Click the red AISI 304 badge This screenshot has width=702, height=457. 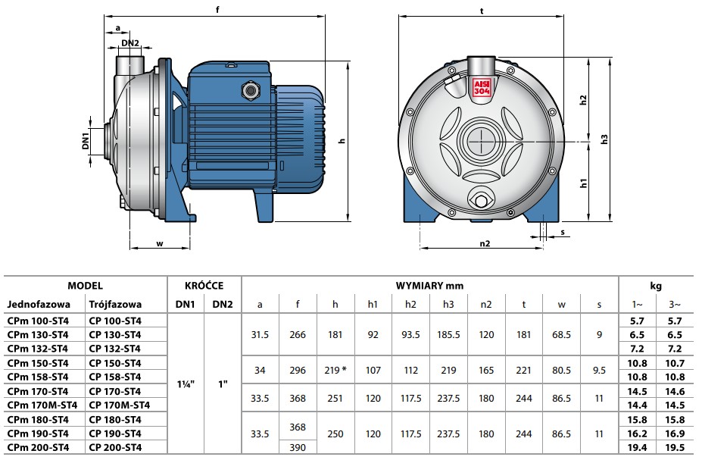[482, 86]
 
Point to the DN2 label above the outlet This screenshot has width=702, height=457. [130, 43]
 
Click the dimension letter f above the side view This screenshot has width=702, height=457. [218, 10]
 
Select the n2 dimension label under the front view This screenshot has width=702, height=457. [485, 243]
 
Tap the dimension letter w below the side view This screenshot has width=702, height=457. [159, 243]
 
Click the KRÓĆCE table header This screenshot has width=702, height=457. [204, 286]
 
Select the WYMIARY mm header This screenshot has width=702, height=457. [429, 286]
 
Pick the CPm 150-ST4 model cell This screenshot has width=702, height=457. [37, 363]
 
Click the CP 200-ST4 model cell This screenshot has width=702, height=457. [114, 449]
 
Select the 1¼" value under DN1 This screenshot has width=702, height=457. [186, 384]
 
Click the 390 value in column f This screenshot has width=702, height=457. [298, 449]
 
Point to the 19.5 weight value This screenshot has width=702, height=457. [675, 449]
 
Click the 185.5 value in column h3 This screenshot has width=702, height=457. [448, 334]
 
